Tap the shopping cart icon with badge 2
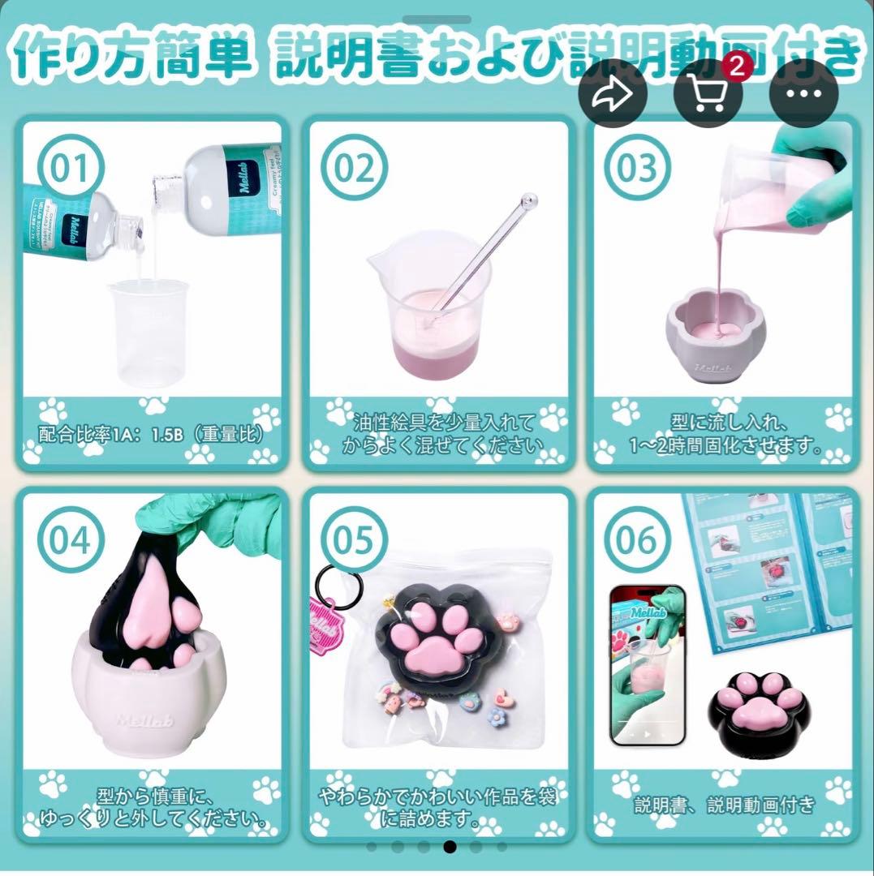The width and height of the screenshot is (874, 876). point(708,95)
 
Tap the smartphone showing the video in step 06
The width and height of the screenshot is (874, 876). point(648,665)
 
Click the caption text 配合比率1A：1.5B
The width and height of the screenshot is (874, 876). point(152,434)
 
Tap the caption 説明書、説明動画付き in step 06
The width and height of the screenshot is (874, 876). point(724,805)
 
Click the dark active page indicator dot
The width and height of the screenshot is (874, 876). point(450,847)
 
